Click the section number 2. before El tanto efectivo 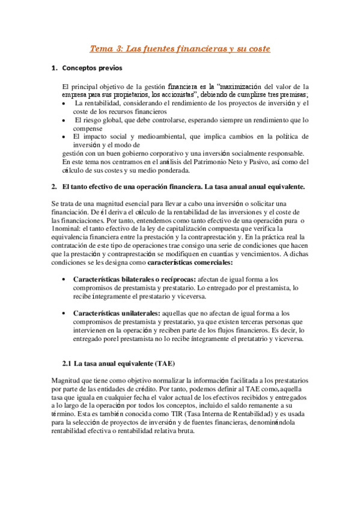pos(55,186)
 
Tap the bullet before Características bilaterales pos(65,279)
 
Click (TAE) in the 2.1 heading pos(165,364)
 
